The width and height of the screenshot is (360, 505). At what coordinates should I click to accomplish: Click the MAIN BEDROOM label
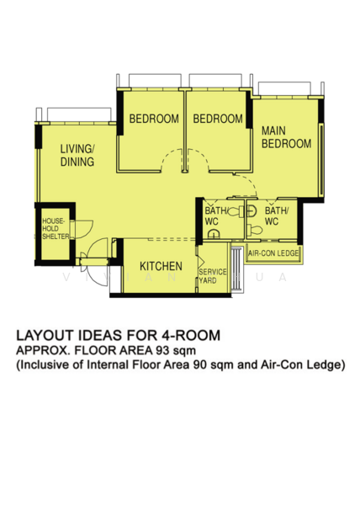point(286,137)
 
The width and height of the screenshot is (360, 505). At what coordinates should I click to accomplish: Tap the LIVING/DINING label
point(77,155)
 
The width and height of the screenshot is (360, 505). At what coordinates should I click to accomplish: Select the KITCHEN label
point(161,266)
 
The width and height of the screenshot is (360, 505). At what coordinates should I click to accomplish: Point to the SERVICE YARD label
point(212,276)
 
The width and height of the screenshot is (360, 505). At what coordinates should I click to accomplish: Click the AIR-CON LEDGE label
point(273,253)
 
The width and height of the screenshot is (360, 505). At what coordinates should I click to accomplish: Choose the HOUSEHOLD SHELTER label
point(56,229)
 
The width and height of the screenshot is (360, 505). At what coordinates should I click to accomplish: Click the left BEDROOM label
point(154,119)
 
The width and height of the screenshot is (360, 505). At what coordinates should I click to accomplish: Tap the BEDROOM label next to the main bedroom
point(218,119)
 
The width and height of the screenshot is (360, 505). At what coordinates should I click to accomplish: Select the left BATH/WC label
point(216,216)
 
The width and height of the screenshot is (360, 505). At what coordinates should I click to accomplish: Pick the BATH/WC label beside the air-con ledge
point(277,215)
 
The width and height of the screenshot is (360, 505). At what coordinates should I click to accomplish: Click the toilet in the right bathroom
point(255,230)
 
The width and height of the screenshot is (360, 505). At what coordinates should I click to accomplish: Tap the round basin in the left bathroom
point(213,234)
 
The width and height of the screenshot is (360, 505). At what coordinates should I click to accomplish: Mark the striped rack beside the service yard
point(237,269)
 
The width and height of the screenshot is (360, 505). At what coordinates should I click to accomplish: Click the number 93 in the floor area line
point(162,350)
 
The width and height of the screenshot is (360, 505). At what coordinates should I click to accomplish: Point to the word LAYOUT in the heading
point(45,335)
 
